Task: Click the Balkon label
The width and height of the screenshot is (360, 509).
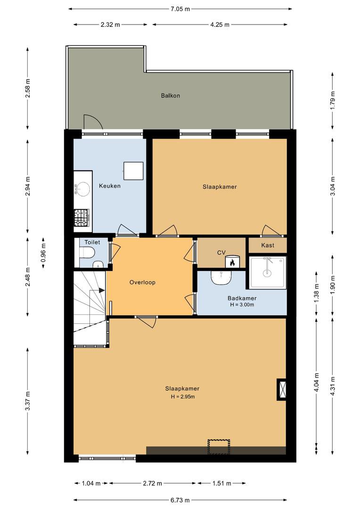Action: pos(171,95)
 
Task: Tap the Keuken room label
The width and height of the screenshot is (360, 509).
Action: pos(110,186)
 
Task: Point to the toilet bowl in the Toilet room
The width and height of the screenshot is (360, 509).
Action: pos(87,252)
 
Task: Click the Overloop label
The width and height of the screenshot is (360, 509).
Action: pos(142,282)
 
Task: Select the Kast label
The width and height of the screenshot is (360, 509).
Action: pos(268,246)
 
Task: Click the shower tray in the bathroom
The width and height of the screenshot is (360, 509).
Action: pos(268,272)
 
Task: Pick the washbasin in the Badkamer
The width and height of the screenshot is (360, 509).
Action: pos(221,278)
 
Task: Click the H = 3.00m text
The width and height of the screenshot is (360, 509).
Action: pos(242,304)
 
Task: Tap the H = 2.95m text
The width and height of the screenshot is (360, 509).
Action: pos(183,396)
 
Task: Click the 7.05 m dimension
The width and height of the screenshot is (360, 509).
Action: pos(180,9)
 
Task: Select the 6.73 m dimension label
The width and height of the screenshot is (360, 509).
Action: pos(180,500)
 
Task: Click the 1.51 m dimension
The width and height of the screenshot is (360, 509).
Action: pos(222,484)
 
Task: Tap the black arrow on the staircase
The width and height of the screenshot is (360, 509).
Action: pos(102,290)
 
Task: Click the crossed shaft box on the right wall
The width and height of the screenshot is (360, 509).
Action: pos(281,389)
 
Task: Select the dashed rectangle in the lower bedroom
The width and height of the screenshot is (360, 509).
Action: pos(219,447)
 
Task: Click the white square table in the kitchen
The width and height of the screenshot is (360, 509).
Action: pos(133,171)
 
